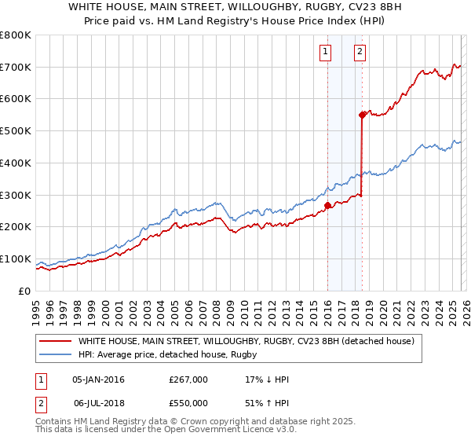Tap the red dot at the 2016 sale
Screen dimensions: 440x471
327,206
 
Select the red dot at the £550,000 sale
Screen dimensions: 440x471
362,115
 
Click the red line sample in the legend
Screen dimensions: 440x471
57,342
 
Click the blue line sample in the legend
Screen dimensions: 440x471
57,355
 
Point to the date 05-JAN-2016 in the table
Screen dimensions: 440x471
98,379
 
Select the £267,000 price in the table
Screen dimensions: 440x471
188,379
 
